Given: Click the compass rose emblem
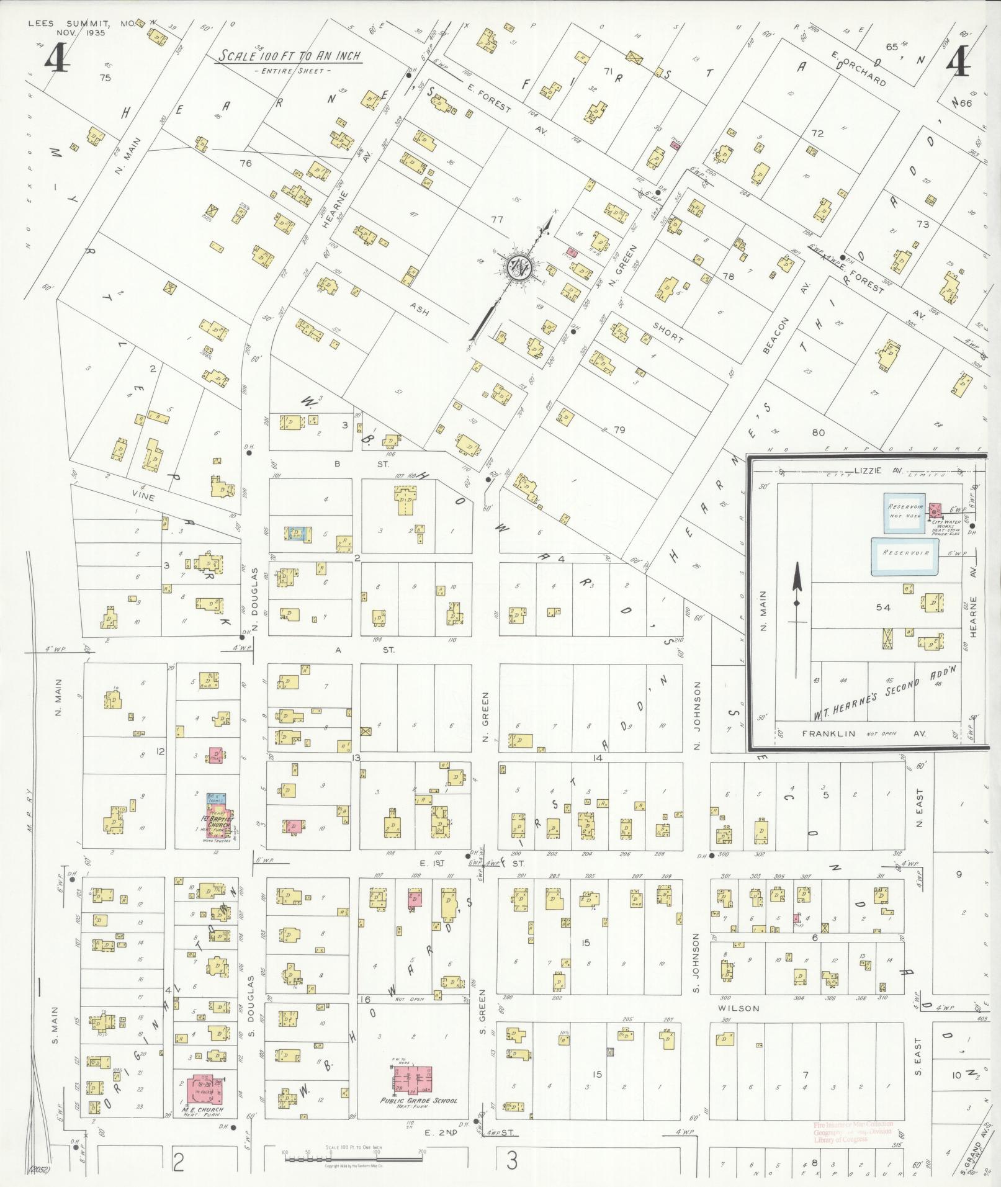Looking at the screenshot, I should tap(518, 268).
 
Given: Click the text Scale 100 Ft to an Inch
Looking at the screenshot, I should tap(289, 56).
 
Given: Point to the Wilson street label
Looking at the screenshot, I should tap(738, 1008).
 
